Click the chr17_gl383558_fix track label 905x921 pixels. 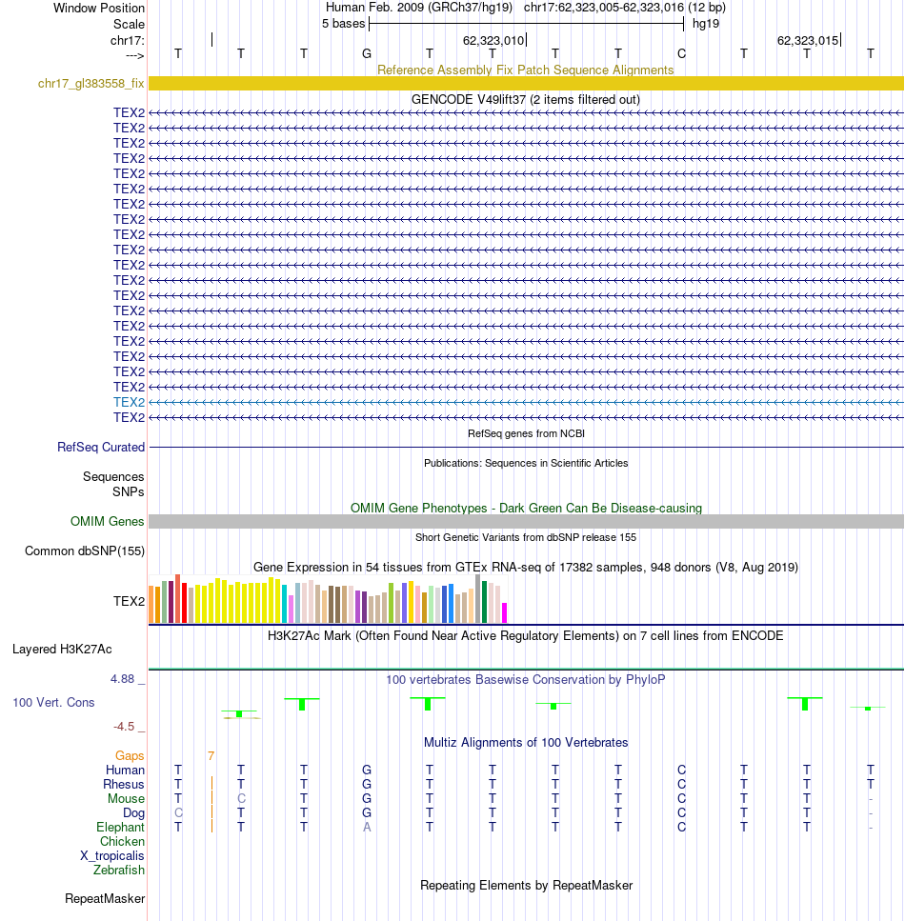pyautogui.click(x=91, y=84)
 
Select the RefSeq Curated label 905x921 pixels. pyautogui.click(x=101, y=447)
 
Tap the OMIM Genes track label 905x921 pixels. pyautogui.click(x=107, y=522)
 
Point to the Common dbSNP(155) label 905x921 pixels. pyautogui.click(x=85, y=551)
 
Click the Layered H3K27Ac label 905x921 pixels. pyautogui.click(x=62, y=649)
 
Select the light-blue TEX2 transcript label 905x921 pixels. pyautogui.click(x=129, y=402)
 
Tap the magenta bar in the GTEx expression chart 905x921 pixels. pyautogui.click(x=504, y=612)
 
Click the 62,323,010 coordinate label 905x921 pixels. pyautogui.click(x=493, y=41)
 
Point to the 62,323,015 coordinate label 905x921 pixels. pyautogui.click(x=808, y=41)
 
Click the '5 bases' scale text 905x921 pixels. pyautogui.click(x=343, y=24)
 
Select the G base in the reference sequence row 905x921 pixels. pyautogui.click(x=367, y=54)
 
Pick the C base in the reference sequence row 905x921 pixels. pyautogui.click(x=682, y=54)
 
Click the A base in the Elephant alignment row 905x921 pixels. pyautogui.click(x=367, y=827)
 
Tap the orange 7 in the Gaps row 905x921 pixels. pyautogui.click(x=211, y=756)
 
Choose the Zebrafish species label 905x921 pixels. pyautogui.click(x=119, y=870)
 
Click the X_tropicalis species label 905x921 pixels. pyautogui.click(x=112, y=856)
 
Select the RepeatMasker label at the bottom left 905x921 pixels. pyautogui.click(x=105, y=899)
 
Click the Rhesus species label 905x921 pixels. pyautogui.click(x=124, y=784)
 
